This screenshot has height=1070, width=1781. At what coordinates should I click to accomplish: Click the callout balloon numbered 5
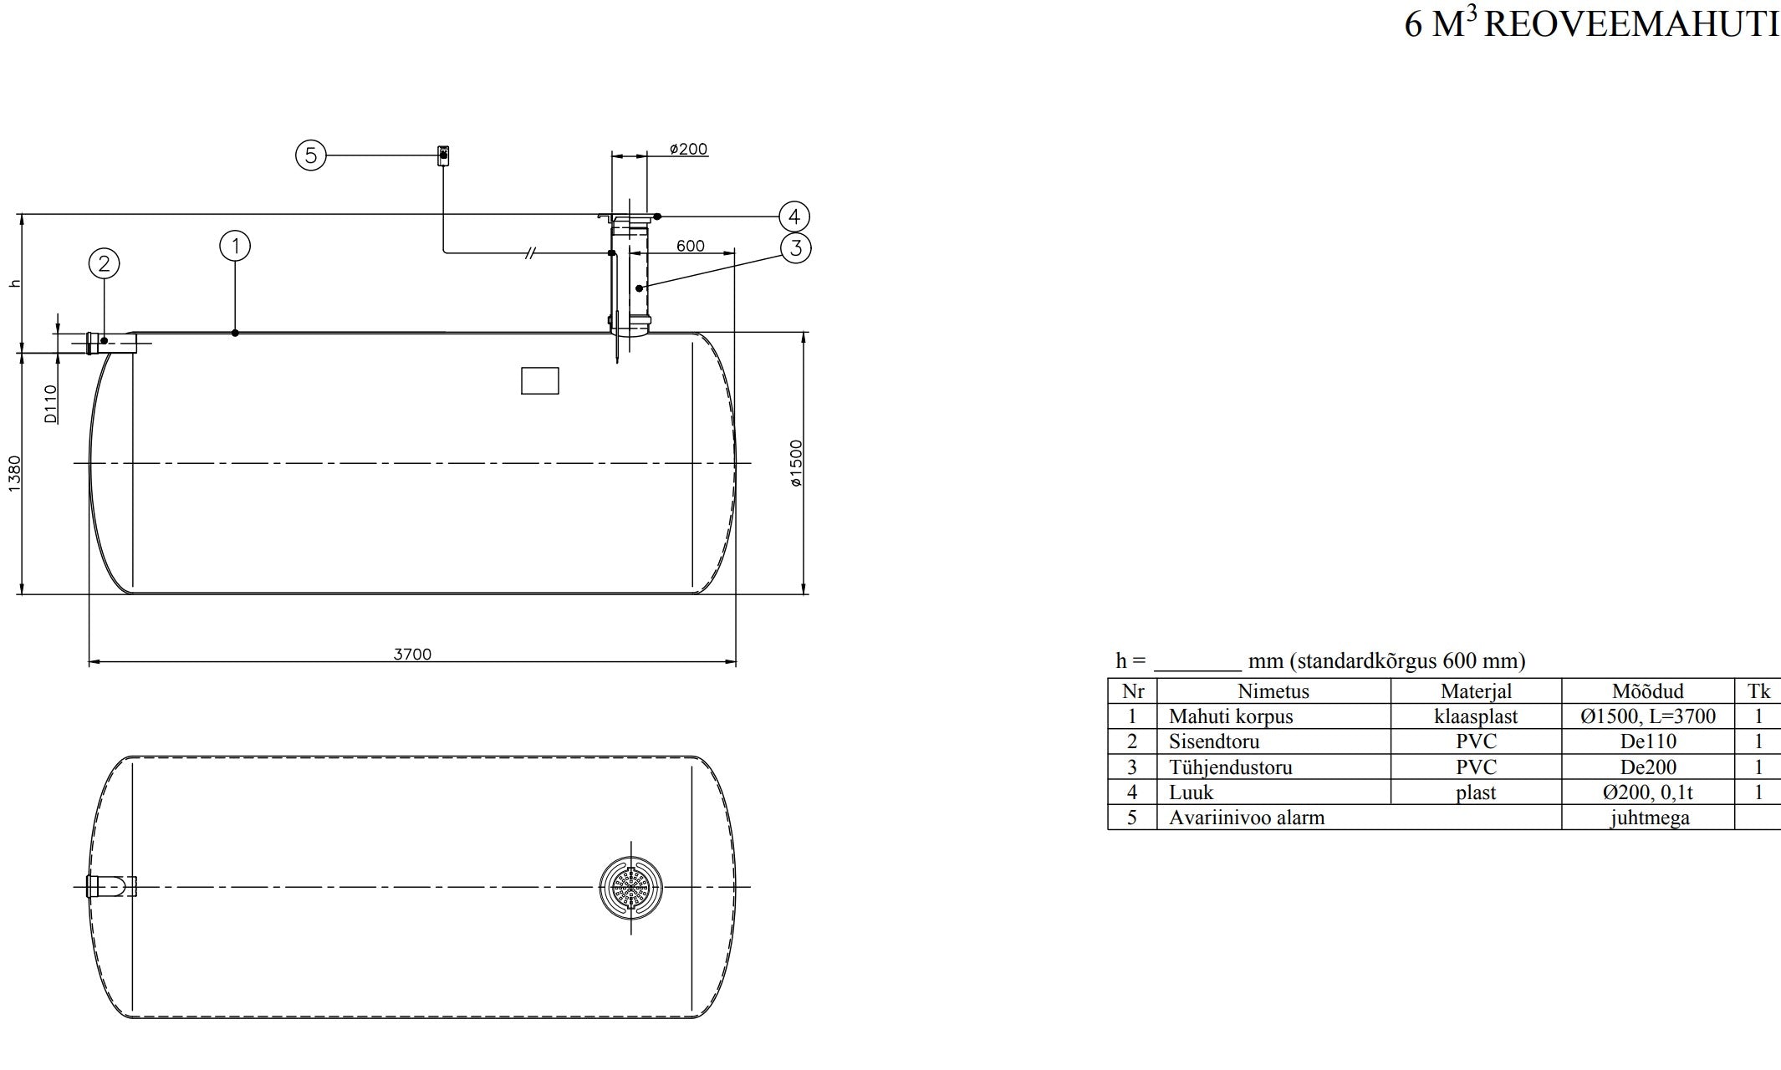pyautogui.click(x=311, y=155)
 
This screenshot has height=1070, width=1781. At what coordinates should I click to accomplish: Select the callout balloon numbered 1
pyautogui.click(x=236, y=246)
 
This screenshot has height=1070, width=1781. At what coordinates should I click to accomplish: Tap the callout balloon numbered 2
pyautogui.click(x=105, y=264)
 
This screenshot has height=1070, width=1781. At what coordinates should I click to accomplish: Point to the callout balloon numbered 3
pyautogui.click(x=795, y=247)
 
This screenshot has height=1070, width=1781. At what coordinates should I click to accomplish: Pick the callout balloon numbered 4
pyautogui.click(x=794, y=217)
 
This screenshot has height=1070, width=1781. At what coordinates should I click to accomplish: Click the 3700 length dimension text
pyautogui.click(x=412, y=655)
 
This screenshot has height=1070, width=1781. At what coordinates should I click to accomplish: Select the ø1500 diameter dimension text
pyautogui.click(x=796, y=463)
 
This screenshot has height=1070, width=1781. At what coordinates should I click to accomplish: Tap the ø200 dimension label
pyautogui.click(x=688, y=150)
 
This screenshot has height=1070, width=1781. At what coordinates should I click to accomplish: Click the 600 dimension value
pyautogui.click(x=690, y=246)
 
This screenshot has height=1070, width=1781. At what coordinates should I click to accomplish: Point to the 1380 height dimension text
pyautogui.click(x=15, y=473)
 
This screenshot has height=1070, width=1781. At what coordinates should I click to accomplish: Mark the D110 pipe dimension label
pyautogui.click(x=51, y=403)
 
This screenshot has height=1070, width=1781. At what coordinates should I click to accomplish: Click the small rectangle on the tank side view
pyautogui.click(x=539, y=380)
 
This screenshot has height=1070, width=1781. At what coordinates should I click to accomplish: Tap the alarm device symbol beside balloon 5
pyautogui.click(x=443, y=155)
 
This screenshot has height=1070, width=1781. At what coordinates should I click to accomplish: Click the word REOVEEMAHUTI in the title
pyautogui.click(x=1631, y=25)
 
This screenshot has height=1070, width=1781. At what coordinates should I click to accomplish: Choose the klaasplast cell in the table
pyautogui.click(x=1476, y=716)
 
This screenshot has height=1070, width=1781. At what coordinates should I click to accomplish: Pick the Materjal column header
pyautogui.click(x=1476, y=691)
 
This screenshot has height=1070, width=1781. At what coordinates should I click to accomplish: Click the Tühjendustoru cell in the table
pyautogui.click(x=1230, y=767)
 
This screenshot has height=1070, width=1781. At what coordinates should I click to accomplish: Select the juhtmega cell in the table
pyautogui.click(x=1649, y=818)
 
